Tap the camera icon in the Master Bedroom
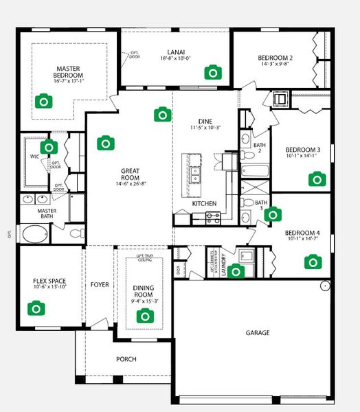(43, 102)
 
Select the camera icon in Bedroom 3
(316, 180)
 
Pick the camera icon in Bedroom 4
(313, 261)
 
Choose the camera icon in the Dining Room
(144, 316)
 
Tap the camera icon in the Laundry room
(236, 271)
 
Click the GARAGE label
(258, 333)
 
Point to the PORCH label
(126, 359)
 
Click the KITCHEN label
(205, 203)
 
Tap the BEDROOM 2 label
(275, 58)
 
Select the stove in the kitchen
(213, 216)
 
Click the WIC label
(34, 157)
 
